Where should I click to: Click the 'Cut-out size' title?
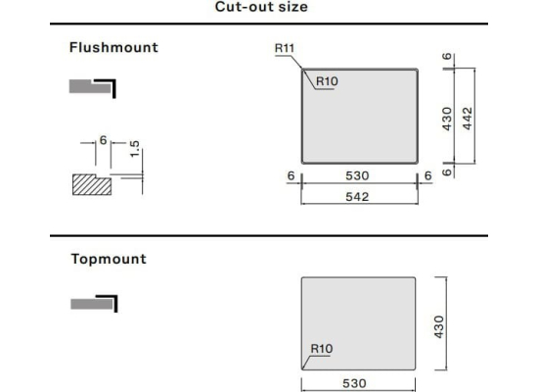(x=261, y=7)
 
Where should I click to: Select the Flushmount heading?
(x=113, y=47)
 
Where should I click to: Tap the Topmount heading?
(x=109, y=259)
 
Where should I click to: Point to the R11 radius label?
(x=285, y=48)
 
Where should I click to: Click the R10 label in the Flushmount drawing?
(x=327, y=81)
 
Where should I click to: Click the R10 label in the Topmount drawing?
(x=322, y=349)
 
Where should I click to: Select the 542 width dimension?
(x=357, y=197)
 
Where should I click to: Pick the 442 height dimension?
(x=468, y=119)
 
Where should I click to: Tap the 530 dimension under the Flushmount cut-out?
(x=357, y=175)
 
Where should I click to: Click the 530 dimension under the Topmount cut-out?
(x=354, y=383)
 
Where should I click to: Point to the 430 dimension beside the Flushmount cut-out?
(x=447, y=119)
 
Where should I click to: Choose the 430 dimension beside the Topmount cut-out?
(x=439, y=327)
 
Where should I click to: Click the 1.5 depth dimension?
(x=135, y=149)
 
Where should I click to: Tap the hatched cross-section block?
(x=92, y=184)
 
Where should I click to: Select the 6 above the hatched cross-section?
(x=103, y=140)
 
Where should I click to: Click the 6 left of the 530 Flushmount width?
(x=291, y=175)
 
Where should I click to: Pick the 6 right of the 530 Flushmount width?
(x=427, y=175)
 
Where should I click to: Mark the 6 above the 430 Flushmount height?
(x=447, y=56)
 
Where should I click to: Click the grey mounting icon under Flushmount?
(x=93, y=88)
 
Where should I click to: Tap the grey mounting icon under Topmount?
(x=94, y=304)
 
